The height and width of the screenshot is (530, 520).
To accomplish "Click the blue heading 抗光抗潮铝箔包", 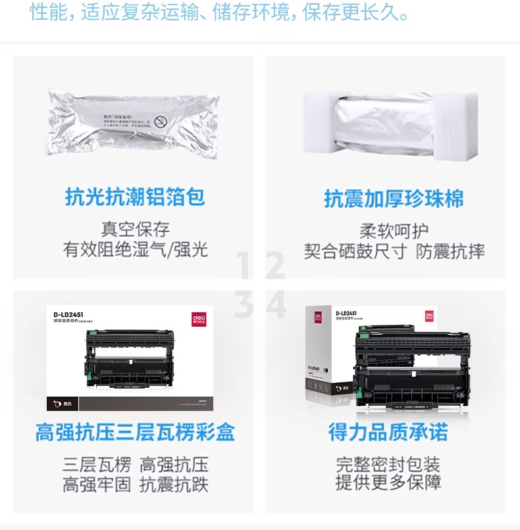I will (135, 197).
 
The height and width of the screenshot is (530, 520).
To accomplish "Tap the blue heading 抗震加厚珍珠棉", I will (394, 199).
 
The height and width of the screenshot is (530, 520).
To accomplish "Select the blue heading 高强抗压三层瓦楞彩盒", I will (135, 432).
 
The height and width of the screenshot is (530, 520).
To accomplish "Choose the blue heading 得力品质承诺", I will (388, 432).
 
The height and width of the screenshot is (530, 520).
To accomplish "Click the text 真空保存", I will (135, 229).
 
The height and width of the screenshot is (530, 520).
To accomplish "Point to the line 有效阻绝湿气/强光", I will (135, 249).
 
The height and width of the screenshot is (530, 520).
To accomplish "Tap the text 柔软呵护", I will (394, 231).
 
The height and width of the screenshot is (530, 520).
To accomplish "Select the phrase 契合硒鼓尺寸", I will (355, 251).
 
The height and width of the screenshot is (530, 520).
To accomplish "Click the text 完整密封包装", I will (388, 464).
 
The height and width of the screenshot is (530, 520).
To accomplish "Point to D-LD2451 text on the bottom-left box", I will (69, 314).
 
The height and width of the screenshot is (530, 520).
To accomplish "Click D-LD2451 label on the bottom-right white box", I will (346, 314).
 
